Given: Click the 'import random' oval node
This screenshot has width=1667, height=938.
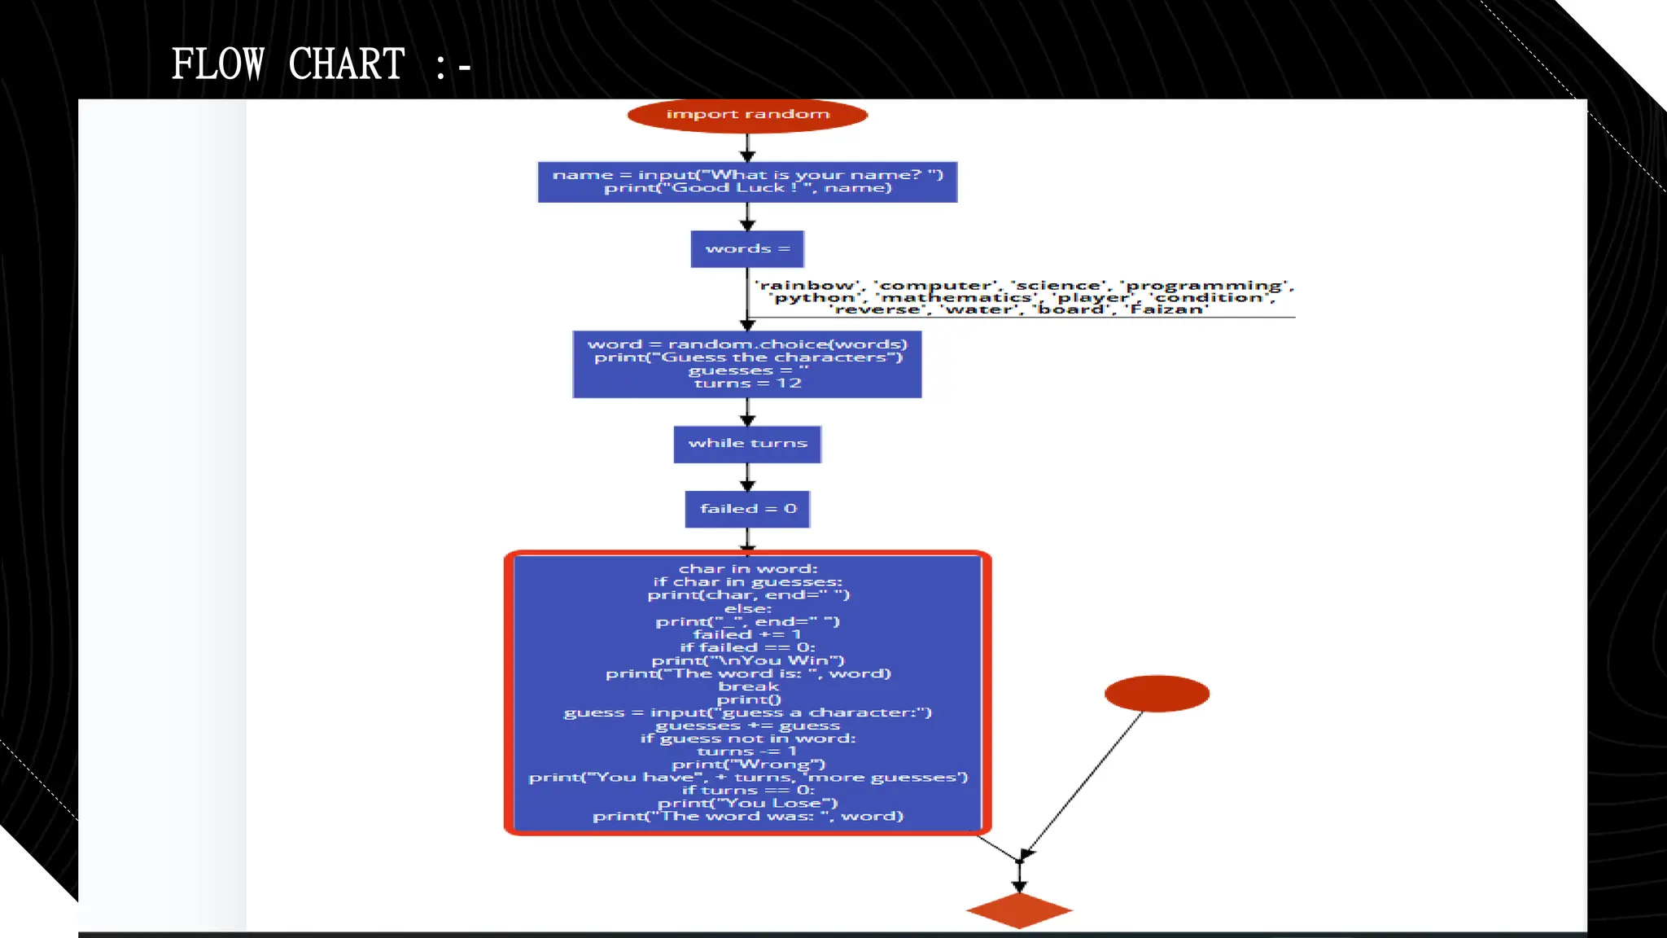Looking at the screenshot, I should [747, 115].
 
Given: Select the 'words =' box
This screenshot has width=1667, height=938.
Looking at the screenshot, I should [747, 249].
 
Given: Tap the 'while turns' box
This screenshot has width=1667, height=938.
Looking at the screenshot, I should [747, 444].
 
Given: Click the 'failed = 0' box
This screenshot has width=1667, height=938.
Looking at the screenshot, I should [747, 509].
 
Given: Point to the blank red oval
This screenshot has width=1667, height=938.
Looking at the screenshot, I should [1157, 694].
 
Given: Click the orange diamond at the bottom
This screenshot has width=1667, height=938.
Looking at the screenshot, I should [1019, 910].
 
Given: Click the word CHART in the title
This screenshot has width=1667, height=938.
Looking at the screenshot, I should [347, 64].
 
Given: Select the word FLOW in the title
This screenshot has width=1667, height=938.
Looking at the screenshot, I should [218, 64].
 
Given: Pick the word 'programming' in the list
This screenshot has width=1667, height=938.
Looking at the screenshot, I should [1205, 286].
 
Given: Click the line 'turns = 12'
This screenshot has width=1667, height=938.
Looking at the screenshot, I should [747, 384].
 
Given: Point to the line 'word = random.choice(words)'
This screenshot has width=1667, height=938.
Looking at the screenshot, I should [747, 344].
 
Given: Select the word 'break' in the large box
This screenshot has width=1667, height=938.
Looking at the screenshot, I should [748, 686].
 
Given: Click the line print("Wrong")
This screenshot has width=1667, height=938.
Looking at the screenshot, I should [748, 765].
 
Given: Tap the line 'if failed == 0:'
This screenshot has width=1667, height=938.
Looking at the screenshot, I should [748, 647].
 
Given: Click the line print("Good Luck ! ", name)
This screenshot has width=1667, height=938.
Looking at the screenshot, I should [747, 188].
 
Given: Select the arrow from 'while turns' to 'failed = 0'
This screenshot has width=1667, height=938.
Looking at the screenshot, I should [747, 477].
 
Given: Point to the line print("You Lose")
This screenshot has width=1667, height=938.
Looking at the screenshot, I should [748, 804].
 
